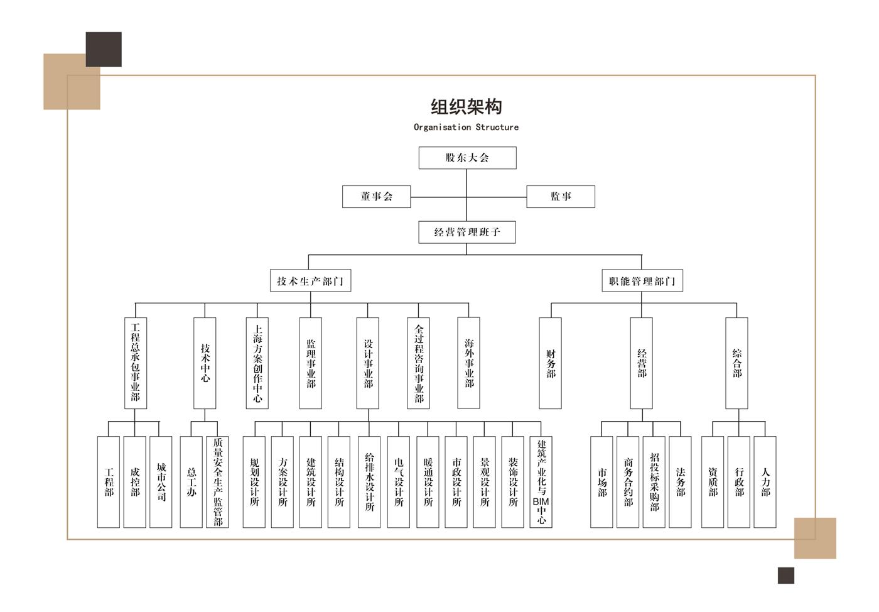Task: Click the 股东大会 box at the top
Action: (x=467, y=158)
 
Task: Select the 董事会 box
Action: (x=376, y=197)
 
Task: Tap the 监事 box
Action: (x=560, y=197)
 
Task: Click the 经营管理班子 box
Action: (x=467, y=232)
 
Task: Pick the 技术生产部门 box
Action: (x=310, y=281)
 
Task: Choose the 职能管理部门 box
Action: (x=642, y=281)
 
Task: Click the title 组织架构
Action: (x=466, y=107)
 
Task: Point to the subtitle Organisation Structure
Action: (x=466, y=128)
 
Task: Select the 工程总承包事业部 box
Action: (x=136, y=363)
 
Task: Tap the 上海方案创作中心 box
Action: (x=257, y=363)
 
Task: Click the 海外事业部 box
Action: (x=469, y=363)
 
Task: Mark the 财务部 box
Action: (x=551, y=363)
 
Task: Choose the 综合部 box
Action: (x=736, y=363)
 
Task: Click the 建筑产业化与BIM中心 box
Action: (x=541, y=482)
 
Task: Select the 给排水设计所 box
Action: (x=369, y=482)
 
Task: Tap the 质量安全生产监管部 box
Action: (x=217, y=482)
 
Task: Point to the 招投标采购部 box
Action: (x=654, y=482)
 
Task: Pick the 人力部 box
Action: (x=765, y=482)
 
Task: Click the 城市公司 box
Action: (x=161, y=482)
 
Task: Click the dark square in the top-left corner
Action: (x=104, y=49)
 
